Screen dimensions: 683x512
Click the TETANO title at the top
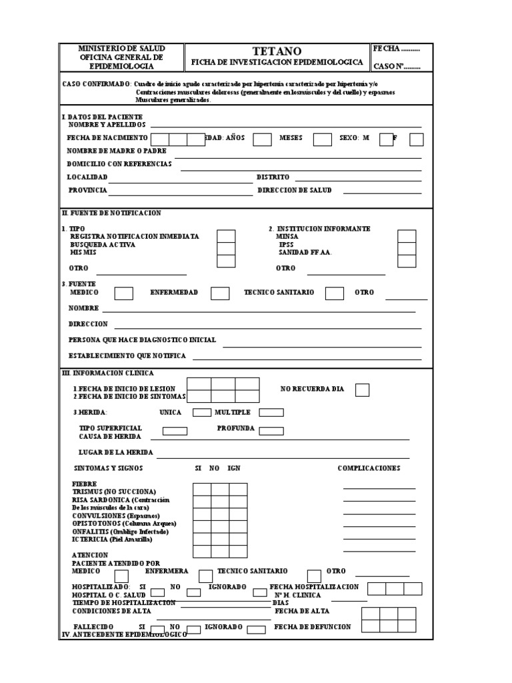tap(277, 51)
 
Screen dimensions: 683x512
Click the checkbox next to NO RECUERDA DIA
tap(362, 390)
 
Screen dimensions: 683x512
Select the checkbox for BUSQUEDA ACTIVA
tap(227, 248)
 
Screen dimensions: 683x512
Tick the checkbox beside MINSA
tap(407, 236)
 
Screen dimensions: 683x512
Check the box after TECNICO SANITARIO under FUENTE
tap(335, 293)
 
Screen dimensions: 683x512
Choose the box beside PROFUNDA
tap(271, 431)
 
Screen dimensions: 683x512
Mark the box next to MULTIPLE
tap(271, 413)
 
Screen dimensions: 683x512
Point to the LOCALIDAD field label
tap(87, 177)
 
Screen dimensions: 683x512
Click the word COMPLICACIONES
tap(369, 468)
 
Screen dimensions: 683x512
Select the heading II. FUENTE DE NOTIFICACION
tap(111, 213)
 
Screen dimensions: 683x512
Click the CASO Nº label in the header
tap(397, 67)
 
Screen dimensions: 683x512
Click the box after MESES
tap(323, 139)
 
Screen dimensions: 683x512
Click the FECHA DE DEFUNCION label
tap(311, 628)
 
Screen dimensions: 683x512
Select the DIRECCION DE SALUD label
tap(294, 190)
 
